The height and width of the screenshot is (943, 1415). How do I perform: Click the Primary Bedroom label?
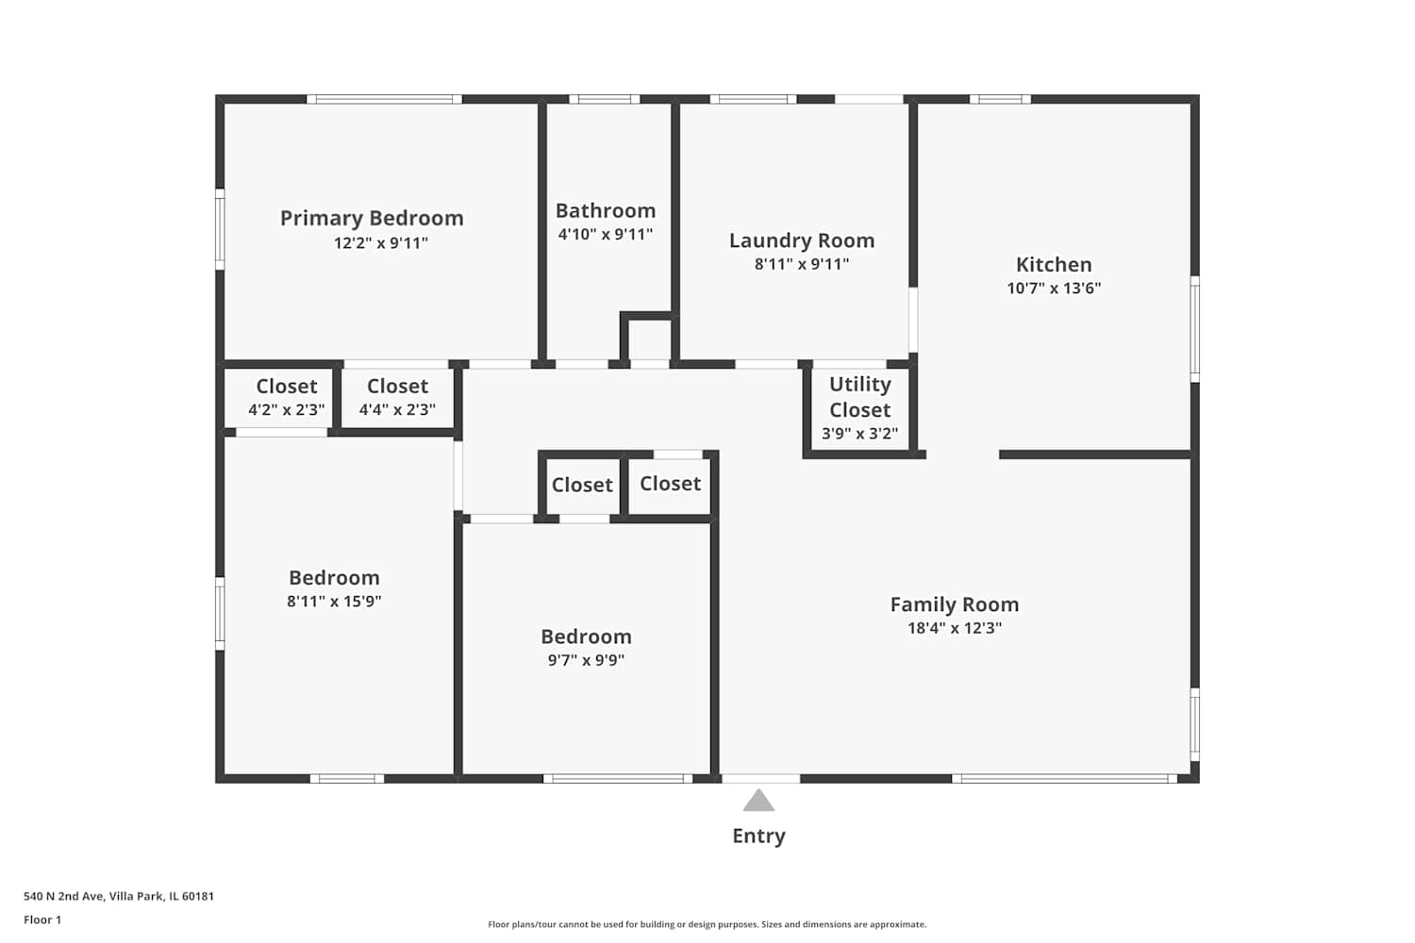click(x=372, y=219)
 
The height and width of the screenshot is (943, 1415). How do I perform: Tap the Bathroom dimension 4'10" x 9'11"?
click(x=606, y=234)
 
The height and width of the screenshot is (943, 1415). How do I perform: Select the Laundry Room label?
click(x=802, y=240)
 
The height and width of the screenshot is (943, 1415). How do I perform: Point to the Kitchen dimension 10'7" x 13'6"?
click(x=1054, y=288)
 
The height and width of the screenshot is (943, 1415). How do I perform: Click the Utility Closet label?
click(x=859, y=397)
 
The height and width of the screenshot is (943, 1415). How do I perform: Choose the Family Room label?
click(x=955, y=604)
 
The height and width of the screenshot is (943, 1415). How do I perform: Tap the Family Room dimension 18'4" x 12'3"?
click(x=955, y=628)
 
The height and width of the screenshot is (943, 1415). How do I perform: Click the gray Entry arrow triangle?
click(x=758, y=801)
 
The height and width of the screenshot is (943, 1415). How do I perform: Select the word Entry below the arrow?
click(x=758, y=836)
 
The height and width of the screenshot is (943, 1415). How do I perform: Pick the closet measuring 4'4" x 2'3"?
click(x=397, y=397)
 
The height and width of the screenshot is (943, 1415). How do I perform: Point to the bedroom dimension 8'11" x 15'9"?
click(x=334, y=602)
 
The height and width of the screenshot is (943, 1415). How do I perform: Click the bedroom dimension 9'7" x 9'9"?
click(x=586, y=660)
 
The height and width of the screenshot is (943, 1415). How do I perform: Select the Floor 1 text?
click(x=42, y=919)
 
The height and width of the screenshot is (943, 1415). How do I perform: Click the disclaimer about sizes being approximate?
click(x=707, y=924)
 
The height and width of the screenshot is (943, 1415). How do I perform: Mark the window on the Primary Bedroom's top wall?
click(x=384, y=99)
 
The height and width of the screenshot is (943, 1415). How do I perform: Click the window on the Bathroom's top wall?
click(x=605, y=99)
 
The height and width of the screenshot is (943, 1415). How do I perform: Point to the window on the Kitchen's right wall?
click(x=1194, y=329)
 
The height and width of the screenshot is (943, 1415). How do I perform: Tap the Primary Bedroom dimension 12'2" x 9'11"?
click(x=381, y=243)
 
